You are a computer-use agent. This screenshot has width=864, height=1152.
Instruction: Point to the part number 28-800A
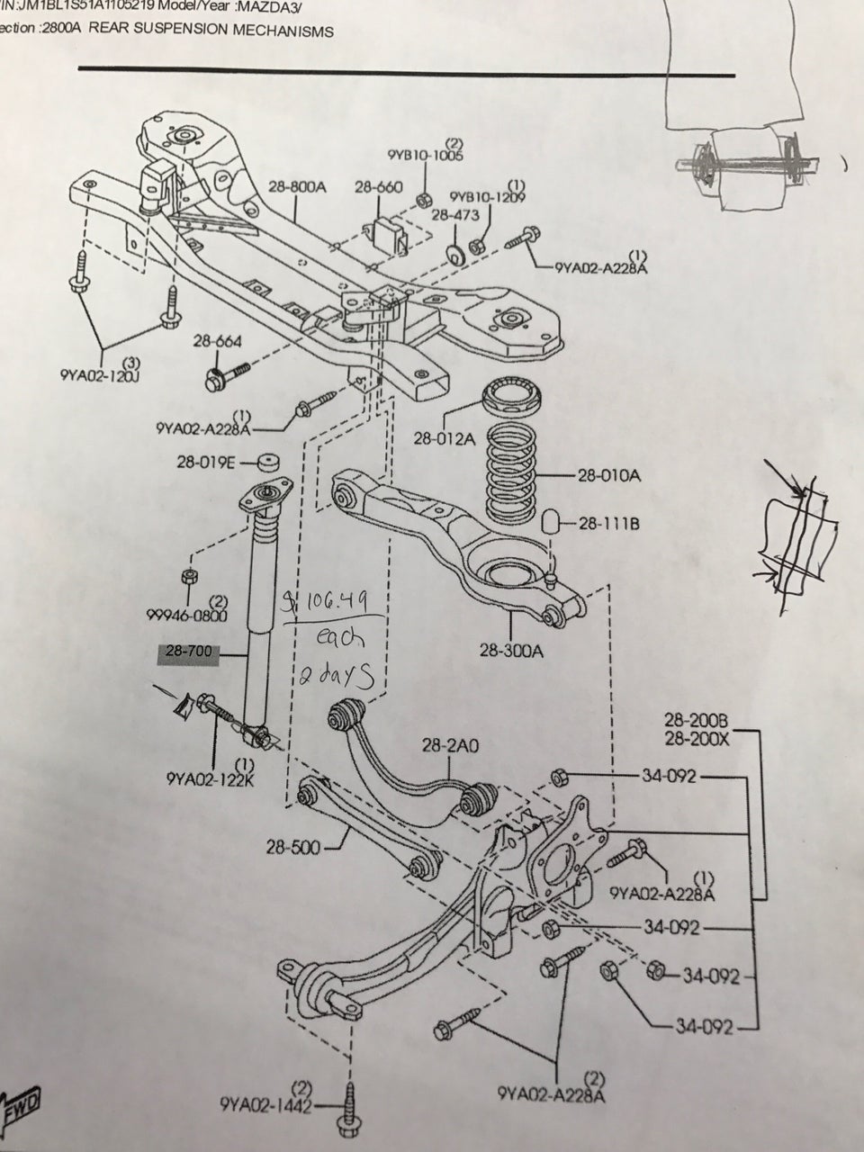pyautogui.click(x=296, y=186)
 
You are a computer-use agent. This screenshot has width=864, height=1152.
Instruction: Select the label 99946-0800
pyautogui.click(x=186, y=616)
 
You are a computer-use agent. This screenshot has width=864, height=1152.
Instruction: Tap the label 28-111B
pyautogui.click(x=608, y=522)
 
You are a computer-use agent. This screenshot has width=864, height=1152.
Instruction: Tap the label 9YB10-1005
pyautogui.click(x=425, y=155)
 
